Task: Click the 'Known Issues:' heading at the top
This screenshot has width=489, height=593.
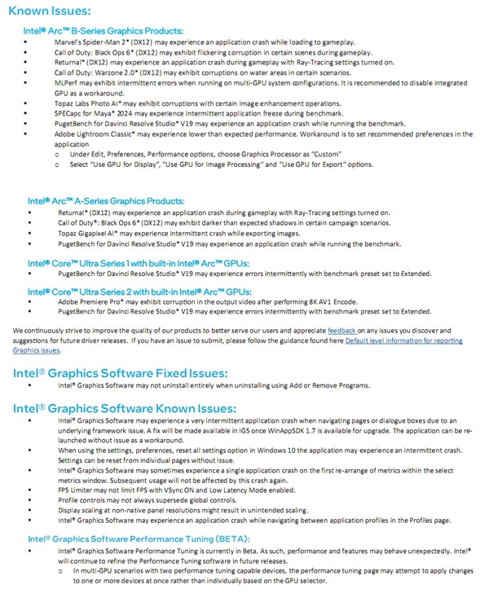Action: point(51,11)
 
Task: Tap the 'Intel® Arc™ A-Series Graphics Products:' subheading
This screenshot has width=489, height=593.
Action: point(107,200)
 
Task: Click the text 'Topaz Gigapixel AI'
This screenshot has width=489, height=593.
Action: point(88,232)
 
